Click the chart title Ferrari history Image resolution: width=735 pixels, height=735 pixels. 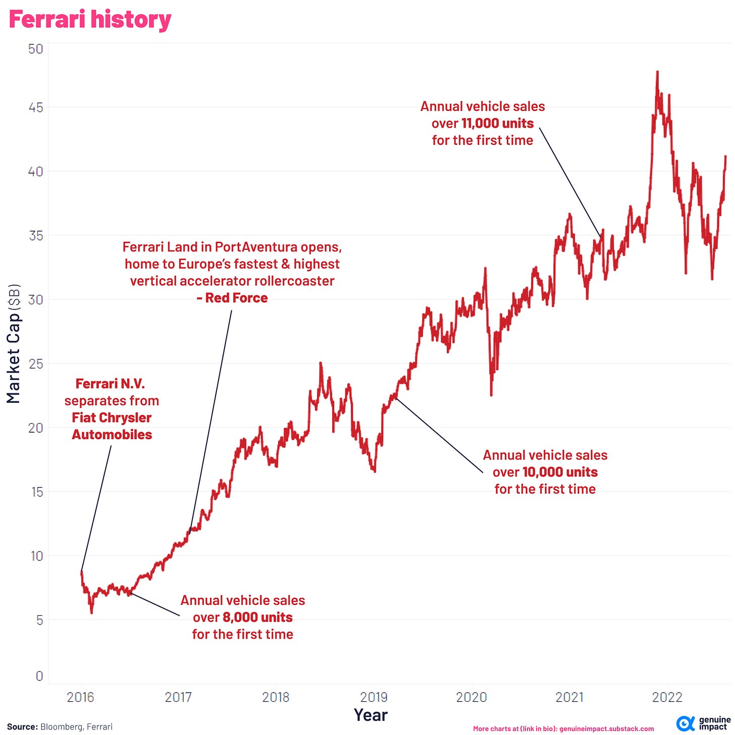click(x=90, y=20)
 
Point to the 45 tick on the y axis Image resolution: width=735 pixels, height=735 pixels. click(x=36, y=108)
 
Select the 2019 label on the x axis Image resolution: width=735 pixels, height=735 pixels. click(x=374, y=697)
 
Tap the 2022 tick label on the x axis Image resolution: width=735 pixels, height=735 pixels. click(x=667, y=697)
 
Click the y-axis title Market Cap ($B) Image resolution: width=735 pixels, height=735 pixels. click(x=14, y=343)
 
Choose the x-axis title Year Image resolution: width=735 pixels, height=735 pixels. click(x=371, y=715)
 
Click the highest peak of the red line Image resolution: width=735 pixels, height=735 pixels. click(x=657, y=72)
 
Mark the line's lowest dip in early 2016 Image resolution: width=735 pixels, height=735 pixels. click(x=91, y=612)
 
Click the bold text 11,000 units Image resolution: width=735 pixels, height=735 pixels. click(x=497, y=124)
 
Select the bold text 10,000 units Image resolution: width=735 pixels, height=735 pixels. click(x=560, y=472)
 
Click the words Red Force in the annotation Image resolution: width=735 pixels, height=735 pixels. click(x=236, y=298)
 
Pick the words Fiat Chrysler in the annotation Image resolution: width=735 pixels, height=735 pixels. click(x=112, y=417)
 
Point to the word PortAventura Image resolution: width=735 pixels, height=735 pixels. click(x=256, y=247)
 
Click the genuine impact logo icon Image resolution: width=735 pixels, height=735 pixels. click(x=685, y=723)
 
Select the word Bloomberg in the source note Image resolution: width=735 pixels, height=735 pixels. click(x=61, y=727)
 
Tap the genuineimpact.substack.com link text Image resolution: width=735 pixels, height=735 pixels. click(x=606, y=728)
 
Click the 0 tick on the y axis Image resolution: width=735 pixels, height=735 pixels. click(x=39, y=676)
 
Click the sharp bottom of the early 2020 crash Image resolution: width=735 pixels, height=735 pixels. click(x=491, y=394)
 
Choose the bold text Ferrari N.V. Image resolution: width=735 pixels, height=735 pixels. click(x=110, y=384)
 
